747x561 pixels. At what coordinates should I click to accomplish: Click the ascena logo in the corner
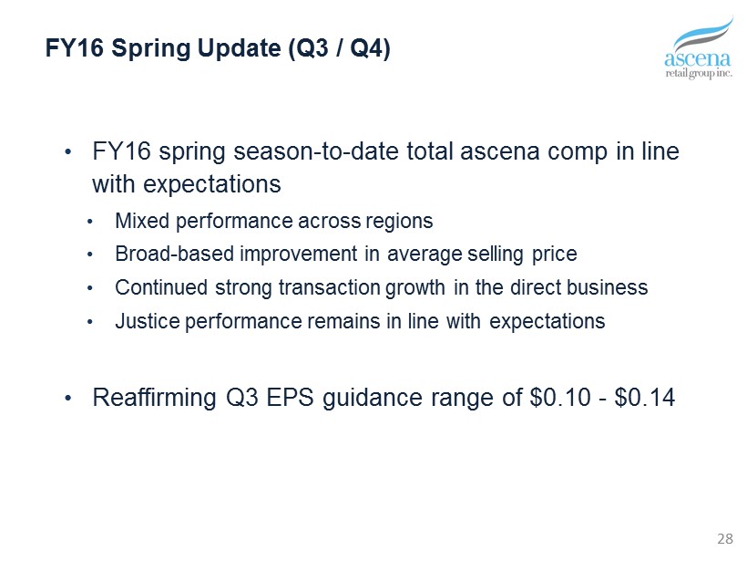[699, 47]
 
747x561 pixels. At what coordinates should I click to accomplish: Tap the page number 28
[724, 539]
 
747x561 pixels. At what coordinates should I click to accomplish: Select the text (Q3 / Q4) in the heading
[339, 48]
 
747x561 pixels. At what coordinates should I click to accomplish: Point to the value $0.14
[645, 397]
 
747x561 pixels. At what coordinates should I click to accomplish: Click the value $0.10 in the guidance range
[560, 397]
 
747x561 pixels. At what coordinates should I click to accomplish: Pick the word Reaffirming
[154, 398]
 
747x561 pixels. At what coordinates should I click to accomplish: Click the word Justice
[148, 321]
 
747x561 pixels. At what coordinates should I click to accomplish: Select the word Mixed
[142, 221]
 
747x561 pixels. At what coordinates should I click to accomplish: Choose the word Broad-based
[174, 254]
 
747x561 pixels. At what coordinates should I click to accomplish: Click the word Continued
[161, 287]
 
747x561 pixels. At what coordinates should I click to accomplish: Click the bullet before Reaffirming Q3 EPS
[68, 398]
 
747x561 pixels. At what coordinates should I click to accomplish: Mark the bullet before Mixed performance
[90, 222]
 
